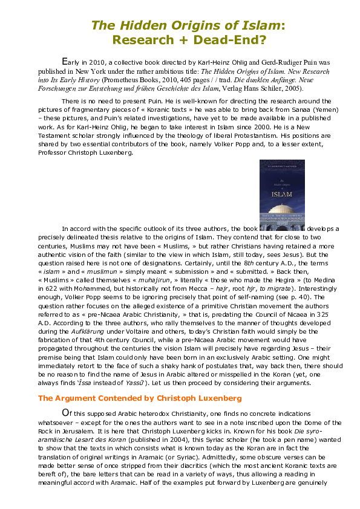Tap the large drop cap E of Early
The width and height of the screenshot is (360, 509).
[x=67, y=62]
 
